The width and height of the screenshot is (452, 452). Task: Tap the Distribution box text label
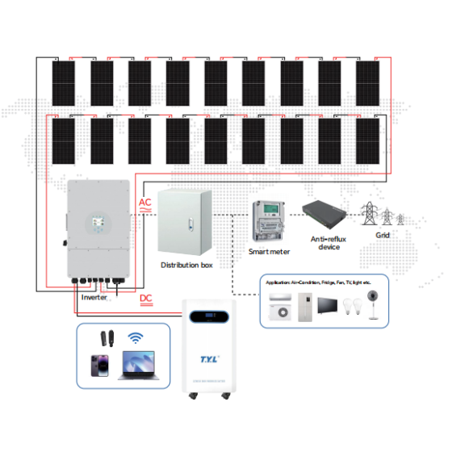coord(186,265)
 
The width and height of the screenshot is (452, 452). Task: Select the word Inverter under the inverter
coord(94,298)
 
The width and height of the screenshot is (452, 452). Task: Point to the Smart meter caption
coord(269,252)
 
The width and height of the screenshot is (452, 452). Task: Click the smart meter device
coord(268,220)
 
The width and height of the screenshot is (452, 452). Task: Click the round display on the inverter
coord(98,224)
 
